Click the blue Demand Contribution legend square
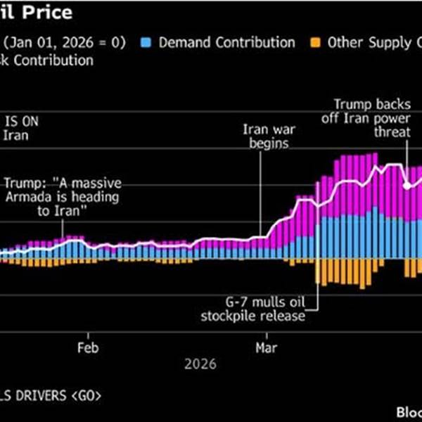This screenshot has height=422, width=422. [147, 43]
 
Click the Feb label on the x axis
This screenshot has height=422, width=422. [88, 347]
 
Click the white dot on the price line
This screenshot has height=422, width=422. [407, 186]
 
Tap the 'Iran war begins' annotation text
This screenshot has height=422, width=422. [267, 137]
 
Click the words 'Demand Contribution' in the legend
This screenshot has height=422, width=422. [226, 43]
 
